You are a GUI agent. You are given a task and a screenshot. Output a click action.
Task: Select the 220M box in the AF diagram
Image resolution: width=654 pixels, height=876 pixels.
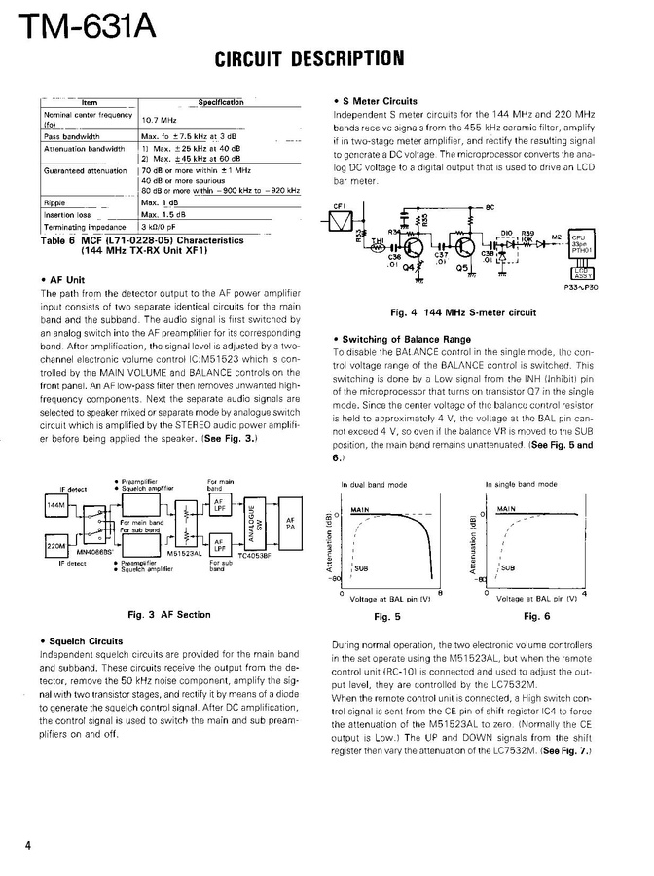click(x=55, y=548)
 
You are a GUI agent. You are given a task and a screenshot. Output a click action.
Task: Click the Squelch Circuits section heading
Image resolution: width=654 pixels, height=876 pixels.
click(x=84, y=641)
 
